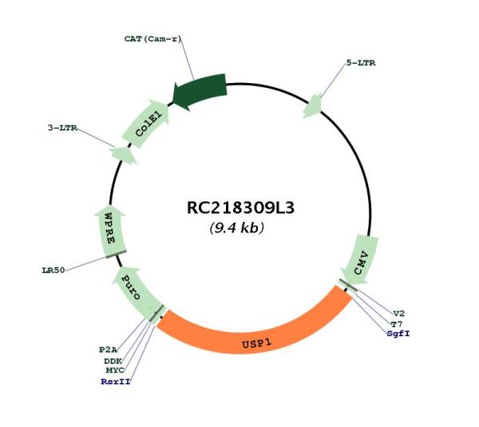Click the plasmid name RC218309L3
coord(240,208)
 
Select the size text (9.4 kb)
coord(237,227)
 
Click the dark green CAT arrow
coord(200,91)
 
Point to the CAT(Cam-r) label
coord(152,39)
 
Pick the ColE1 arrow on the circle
coord(146,124)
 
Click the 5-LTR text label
coord(361,63)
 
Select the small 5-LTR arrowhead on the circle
coord(312,106)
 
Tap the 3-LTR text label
coord(62,128)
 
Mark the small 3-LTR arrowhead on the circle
coord(124,155)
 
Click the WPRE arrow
coord(110,232)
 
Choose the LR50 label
coord(53,271)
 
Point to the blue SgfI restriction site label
coord(398,334)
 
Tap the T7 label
coord(397,324)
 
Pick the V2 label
coord(398,314)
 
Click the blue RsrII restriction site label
coord(116,382)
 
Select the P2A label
coord(108,350)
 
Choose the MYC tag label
coord(115,370)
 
